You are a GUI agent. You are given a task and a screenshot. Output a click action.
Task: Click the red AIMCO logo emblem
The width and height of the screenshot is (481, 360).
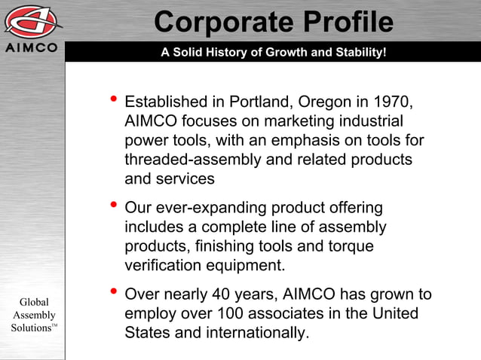click(x=33, y=20)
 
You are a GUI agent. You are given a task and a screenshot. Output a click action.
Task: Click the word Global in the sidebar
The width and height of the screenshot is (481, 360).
click(x=32, y=302)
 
